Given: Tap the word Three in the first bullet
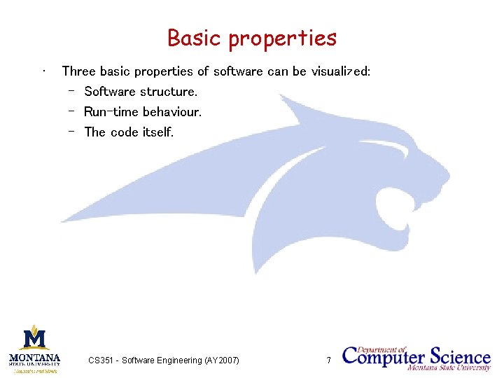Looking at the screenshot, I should [x=79, y=71].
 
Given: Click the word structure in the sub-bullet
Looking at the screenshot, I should [x=169, y=92].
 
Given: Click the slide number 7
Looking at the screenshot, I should [x=328, y=360].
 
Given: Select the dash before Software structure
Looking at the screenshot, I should [x=71, y=92].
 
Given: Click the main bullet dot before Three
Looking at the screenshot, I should [x=44, y=71].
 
